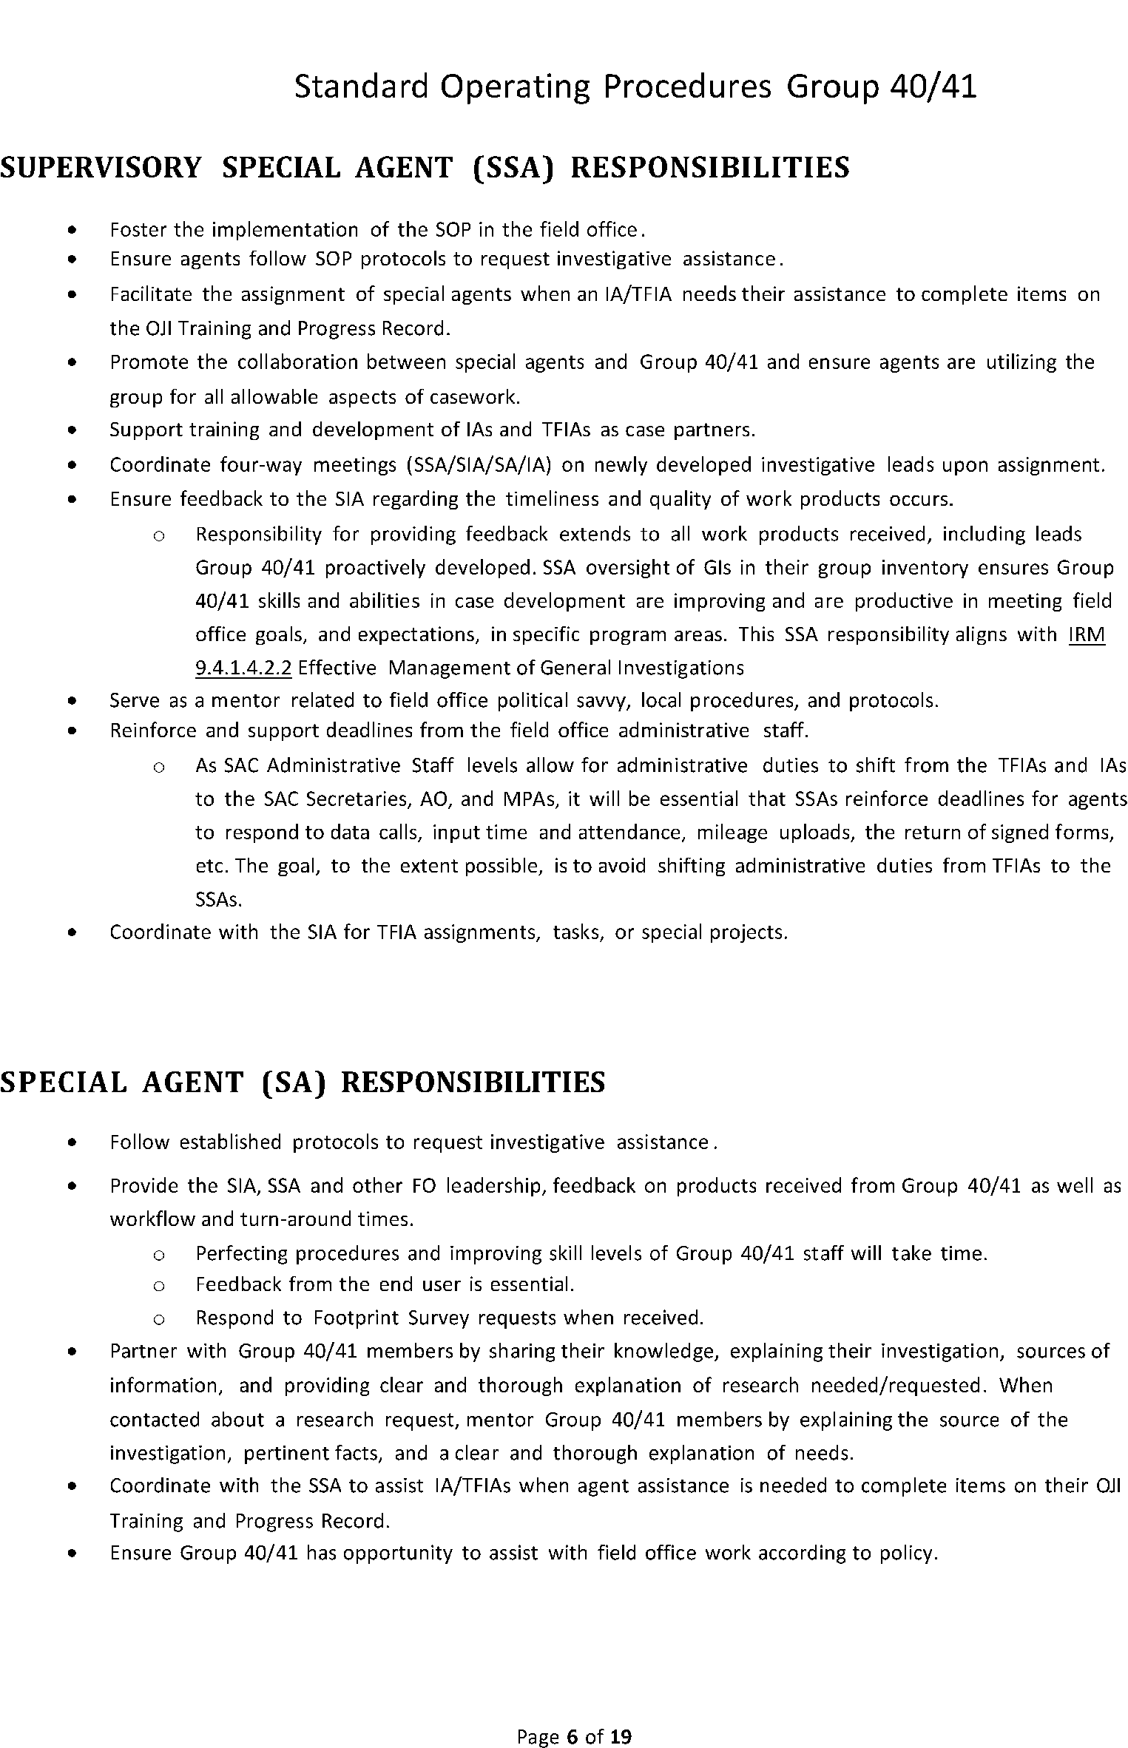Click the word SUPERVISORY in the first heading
[101, 168]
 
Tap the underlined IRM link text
[1087, 634]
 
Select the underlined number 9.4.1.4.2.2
[243, 668]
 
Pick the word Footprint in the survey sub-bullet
[356, 1318]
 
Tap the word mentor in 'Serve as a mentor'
[245, 700]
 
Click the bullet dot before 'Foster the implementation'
[71, 231]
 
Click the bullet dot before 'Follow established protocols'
[71, 1143]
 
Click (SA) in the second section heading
[294, 1083]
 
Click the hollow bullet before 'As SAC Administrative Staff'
[158, 768]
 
